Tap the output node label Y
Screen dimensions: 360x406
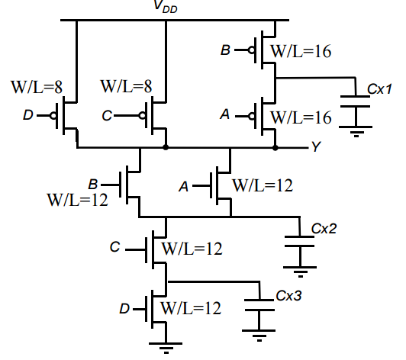coord(315,147)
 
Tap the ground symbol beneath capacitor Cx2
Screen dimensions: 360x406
coord(299,268)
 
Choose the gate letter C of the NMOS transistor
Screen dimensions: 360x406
coord(114,248)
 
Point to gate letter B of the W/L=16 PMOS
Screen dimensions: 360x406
coord(224,50)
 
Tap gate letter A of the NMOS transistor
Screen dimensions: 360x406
coord(183,185)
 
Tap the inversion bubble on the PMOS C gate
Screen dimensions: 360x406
coord(143,116)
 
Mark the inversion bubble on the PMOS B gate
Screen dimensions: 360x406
coord(249,50)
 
